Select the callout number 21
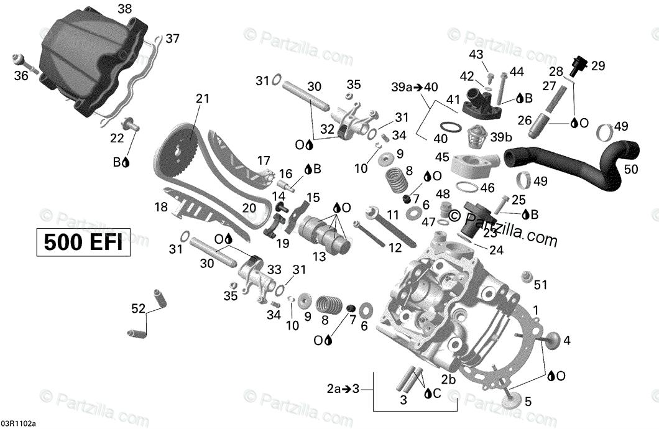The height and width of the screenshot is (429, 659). [x=203, y=98]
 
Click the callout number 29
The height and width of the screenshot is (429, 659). [x=597, y=65]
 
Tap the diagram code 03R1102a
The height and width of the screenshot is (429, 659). [x=18, y=423]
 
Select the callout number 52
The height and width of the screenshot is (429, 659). [x=138, y=308]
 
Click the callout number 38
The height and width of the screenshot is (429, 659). [x=124, y=9]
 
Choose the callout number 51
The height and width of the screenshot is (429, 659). [x=540, y=285]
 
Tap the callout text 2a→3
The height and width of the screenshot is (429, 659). [x=343, y=390]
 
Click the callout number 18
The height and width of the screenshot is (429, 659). [x=161, y=206]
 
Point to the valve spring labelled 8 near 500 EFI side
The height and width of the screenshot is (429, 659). [x=330, y=305]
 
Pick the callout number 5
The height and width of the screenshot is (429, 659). [x=528, y=401]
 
